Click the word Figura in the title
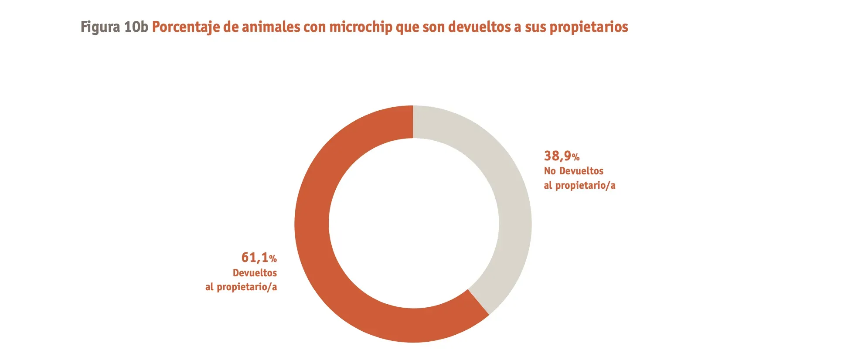coord(100,27)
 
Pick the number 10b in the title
coord(136,27)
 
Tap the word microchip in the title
coord(361,27)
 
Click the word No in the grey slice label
coord(550,171)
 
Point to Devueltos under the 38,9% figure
coord(581,171)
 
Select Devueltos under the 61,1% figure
coord(255,273)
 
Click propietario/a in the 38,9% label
coord(585,185)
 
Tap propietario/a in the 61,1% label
coord(247,287)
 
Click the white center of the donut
coord(413,224)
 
